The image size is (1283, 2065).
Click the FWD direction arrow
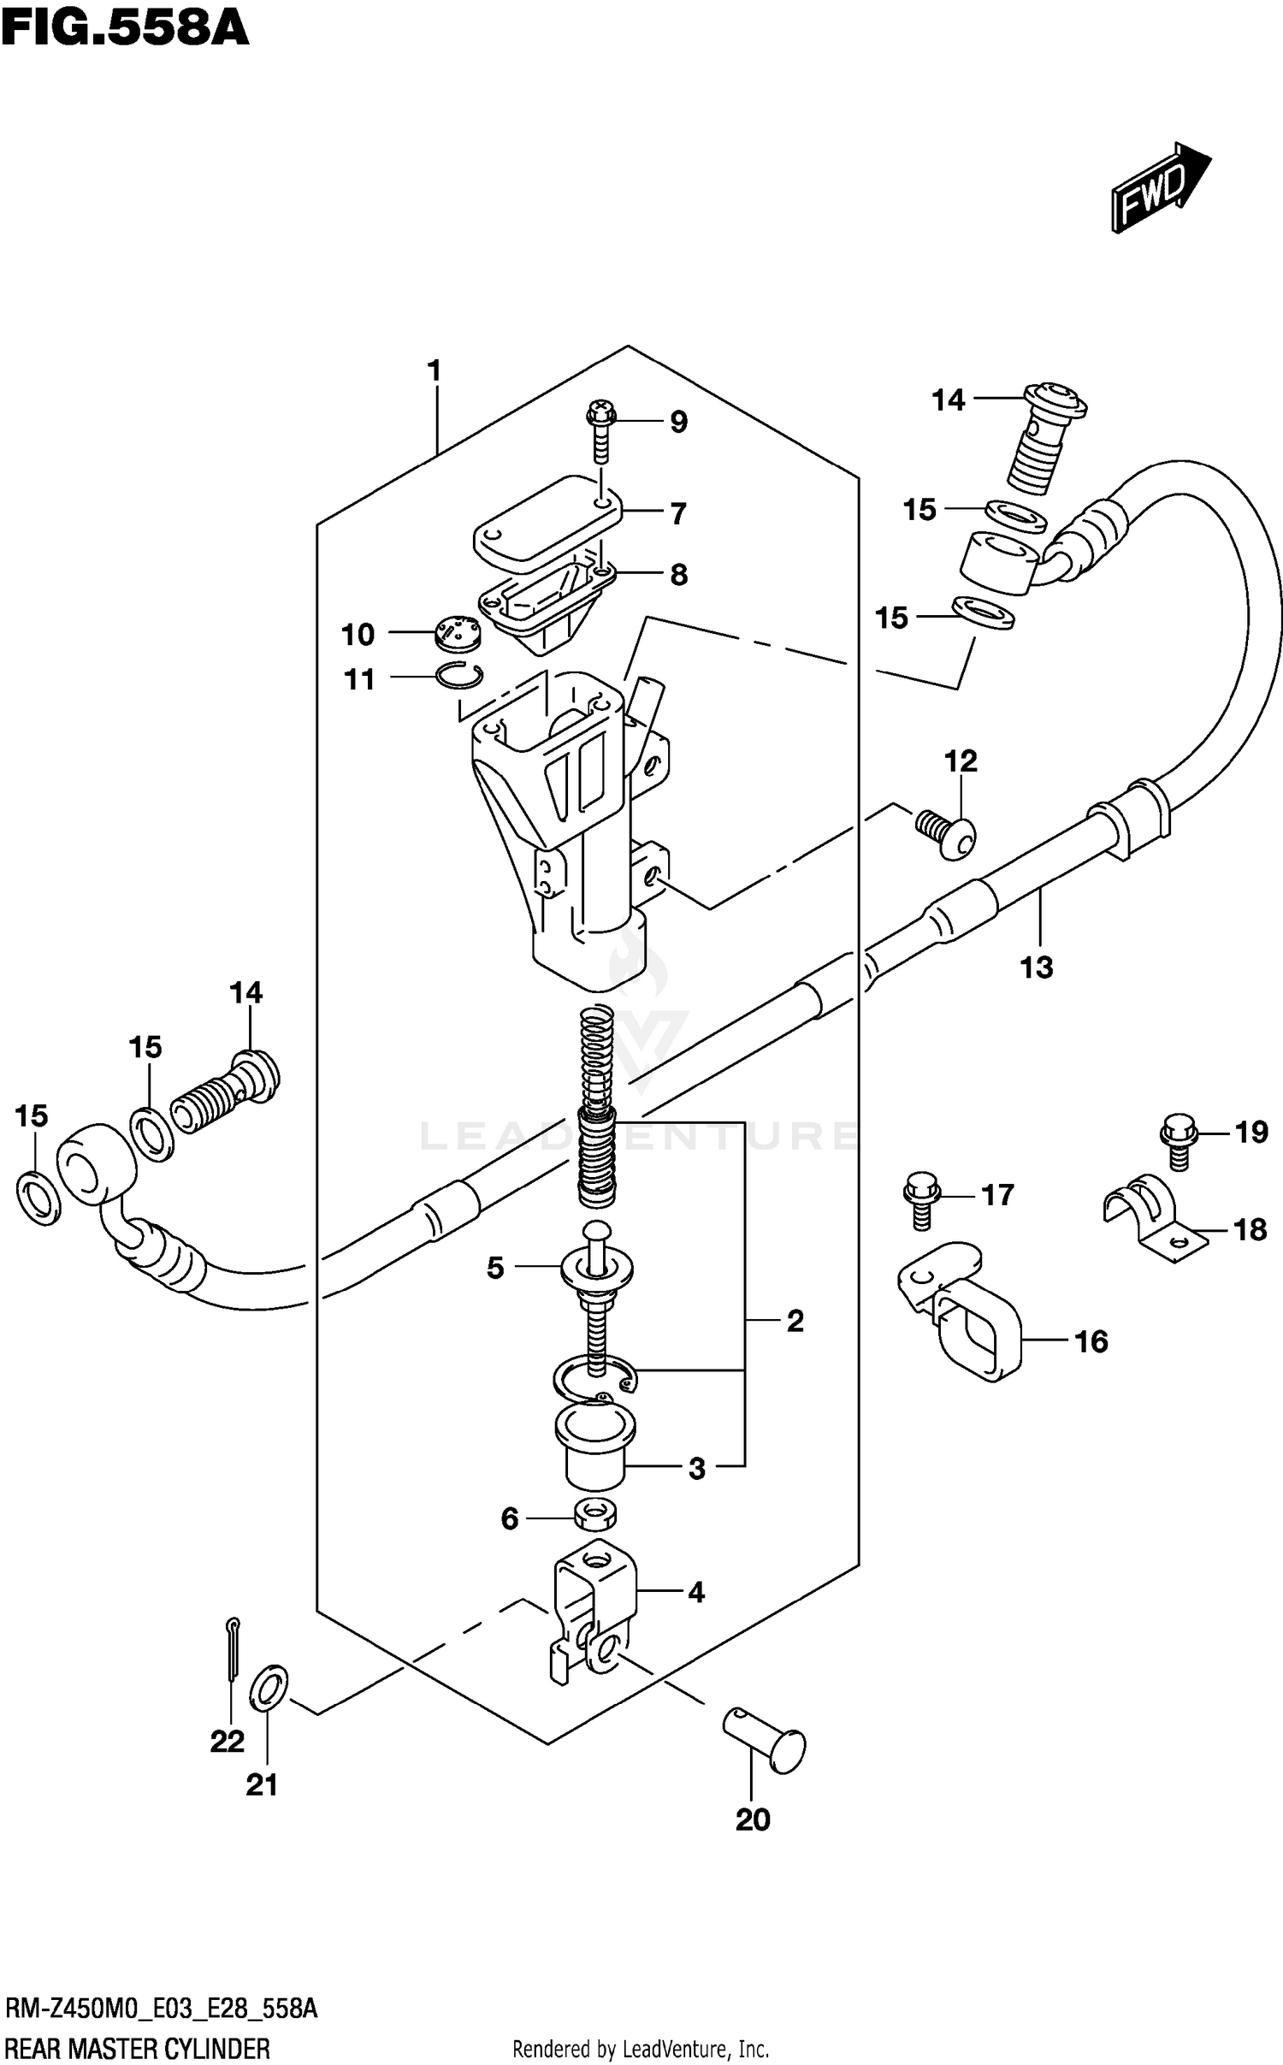(x=1159, y=186)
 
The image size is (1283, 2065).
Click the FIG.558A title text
(x=125, y=29)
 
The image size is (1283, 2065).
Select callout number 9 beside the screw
(x=678, y=422)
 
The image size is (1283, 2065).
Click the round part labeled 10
(x=459, y=632)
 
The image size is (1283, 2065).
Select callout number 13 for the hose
(x=1036, y=967)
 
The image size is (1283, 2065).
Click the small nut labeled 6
(x=595, y=1517)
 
